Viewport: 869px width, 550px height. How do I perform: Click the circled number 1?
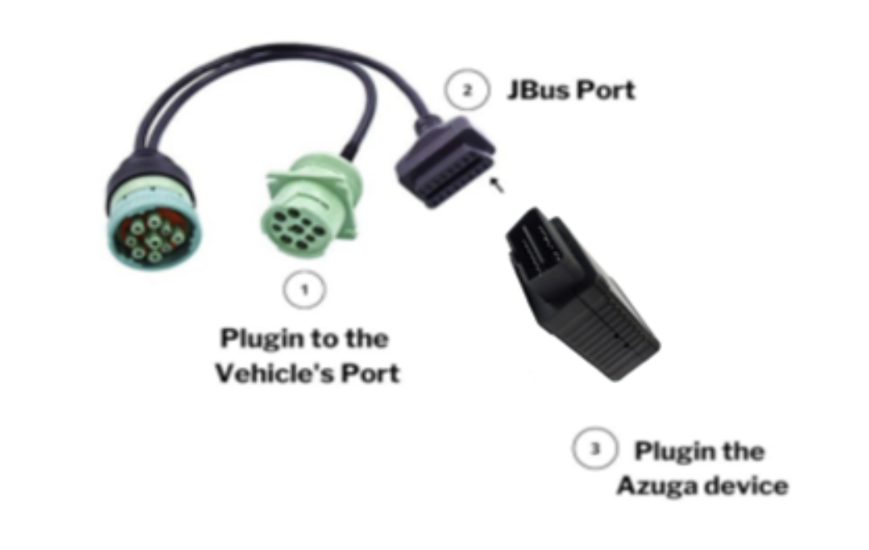click(304, 289)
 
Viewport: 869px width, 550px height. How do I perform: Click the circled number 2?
click(467, 89)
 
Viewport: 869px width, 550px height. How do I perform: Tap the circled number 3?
click(595, 449)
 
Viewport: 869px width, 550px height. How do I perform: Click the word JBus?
click(538, 90)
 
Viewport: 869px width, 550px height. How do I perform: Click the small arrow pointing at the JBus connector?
click(497, 184)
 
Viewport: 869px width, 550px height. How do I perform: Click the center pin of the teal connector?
click(155, 241)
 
